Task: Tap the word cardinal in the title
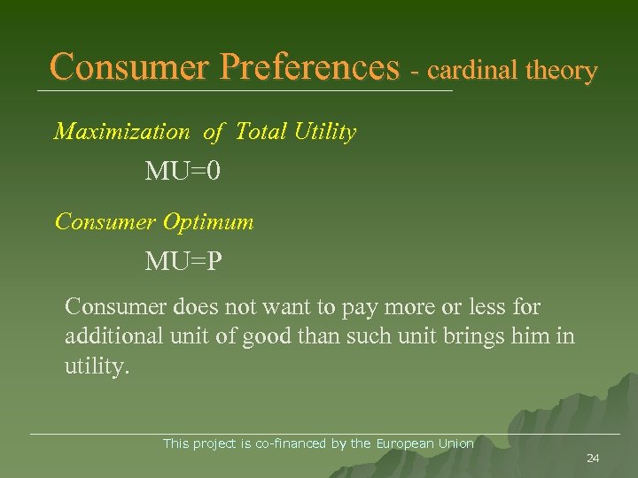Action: pos(471,70)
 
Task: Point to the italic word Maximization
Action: pos(121,132)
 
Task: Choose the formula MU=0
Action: pos(183,172)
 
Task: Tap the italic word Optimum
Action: pos(208,221)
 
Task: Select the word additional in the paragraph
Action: pos(111,337)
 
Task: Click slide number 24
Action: pos(593,458)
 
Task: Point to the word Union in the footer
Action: pos(455,443)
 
